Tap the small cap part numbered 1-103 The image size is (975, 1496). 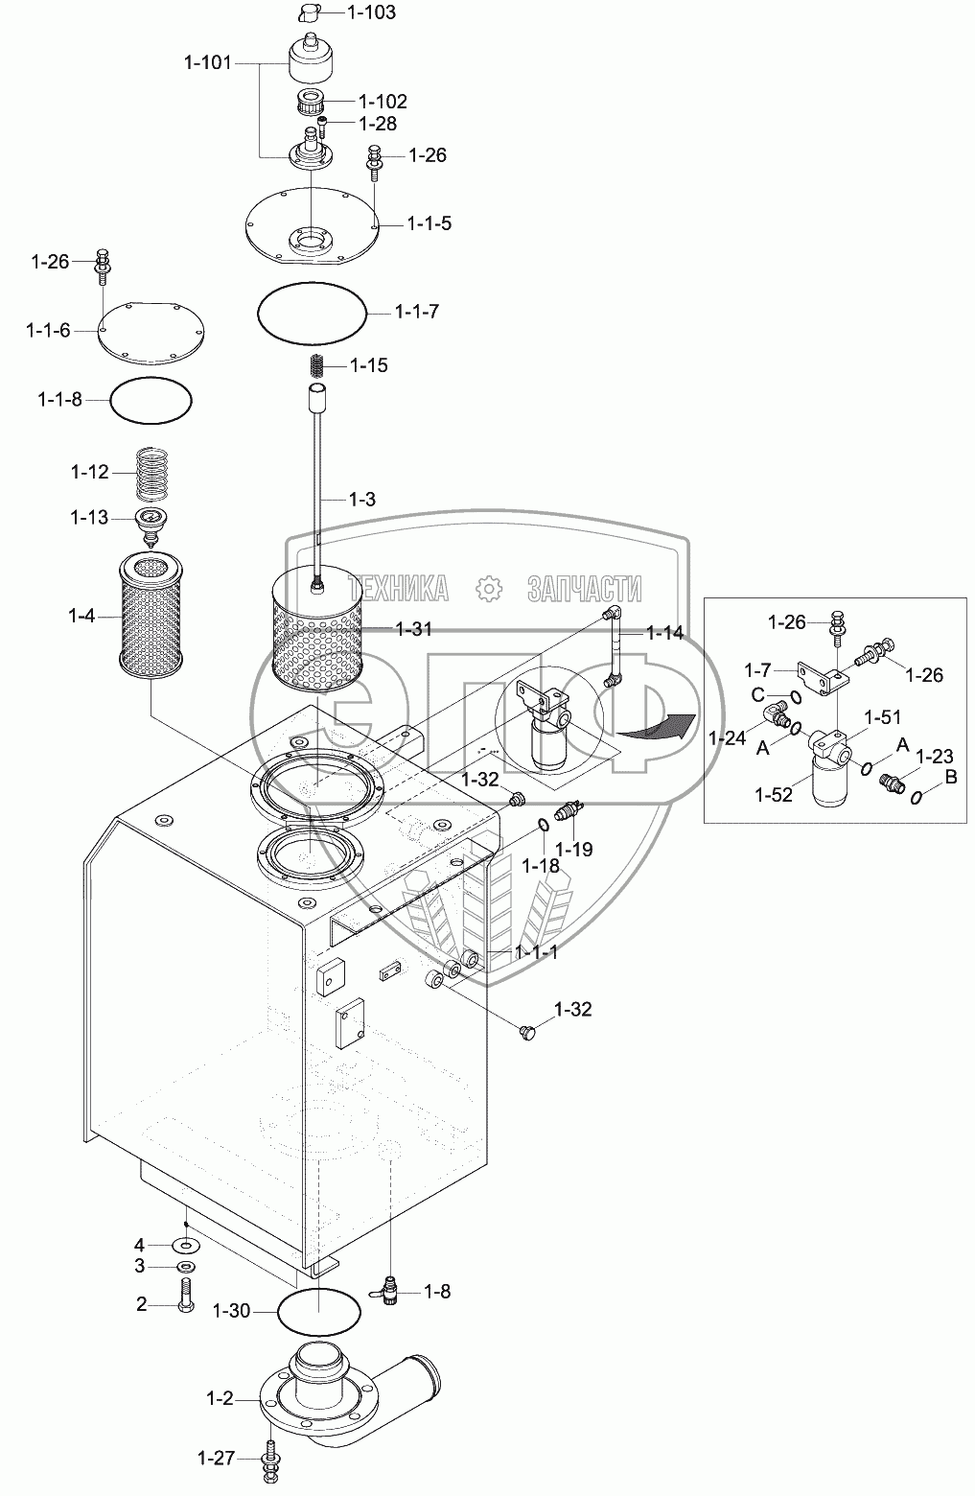coord(309,12)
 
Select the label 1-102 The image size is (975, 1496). coord(382,102)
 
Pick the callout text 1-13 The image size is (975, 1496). coord(88,518)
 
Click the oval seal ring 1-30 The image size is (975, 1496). coord(319,1311)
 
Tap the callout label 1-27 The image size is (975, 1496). coord(217,1459)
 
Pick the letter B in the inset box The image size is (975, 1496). coord(951,778)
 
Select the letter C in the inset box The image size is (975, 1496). coord(756,695)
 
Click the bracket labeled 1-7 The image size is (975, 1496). coord(817,678)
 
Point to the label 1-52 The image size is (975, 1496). coord(774,793)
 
